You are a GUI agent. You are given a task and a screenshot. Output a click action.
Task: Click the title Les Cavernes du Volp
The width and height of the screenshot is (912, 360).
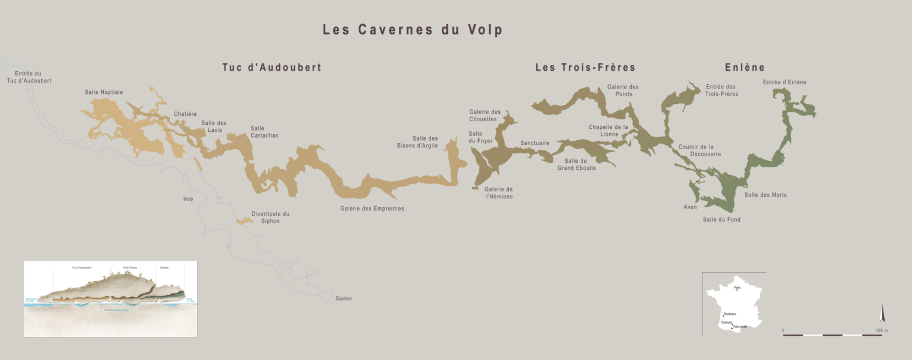click(412, 30)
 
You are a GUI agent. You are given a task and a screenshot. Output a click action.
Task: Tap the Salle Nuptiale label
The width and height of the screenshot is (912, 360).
click(104, 92)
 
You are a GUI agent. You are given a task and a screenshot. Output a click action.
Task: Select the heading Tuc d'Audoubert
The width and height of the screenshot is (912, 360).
click(271, 67)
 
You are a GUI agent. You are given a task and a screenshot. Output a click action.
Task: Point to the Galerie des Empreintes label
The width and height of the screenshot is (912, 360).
click(372, 209)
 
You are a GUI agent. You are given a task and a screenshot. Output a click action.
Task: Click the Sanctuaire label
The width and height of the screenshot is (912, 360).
click(534, 143)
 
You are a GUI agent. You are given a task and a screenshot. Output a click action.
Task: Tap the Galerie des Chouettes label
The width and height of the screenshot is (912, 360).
click(484, 115)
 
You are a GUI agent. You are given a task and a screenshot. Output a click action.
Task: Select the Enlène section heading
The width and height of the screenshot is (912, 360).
click(745, 67)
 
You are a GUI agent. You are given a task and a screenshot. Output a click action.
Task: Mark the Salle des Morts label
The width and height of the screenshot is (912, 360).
click(765, 195)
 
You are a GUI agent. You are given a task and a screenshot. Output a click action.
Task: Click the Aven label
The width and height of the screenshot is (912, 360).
click(690, 207)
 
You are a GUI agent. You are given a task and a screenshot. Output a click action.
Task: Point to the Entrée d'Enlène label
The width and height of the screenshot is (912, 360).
click(784, 82)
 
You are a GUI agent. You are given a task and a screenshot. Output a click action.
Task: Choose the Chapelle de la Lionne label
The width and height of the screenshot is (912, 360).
click(608, 131)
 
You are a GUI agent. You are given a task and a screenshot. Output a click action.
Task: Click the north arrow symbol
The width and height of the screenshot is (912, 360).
click(882, 313)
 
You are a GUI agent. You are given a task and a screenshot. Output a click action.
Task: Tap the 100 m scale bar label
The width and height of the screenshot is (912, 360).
click(881, 330)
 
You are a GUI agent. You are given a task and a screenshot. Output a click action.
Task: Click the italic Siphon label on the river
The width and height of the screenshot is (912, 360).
click(343, 298)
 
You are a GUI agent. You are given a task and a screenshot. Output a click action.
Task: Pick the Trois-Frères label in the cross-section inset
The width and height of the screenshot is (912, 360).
click(129, 268)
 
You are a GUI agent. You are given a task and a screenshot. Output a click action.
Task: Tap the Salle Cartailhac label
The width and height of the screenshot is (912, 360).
click(264, 132)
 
